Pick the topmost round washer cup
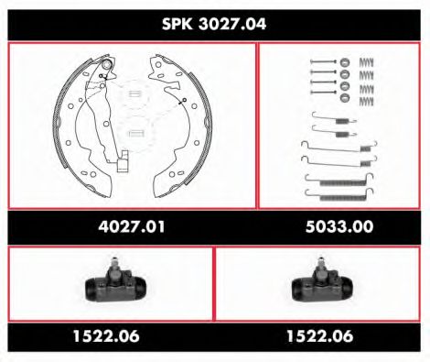(x=345, y=62)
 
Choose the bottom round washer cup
(x=345, y=98)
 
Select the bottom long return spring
(x=344, y=192)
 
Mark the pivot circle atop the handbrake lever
(x=108, y=66)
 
